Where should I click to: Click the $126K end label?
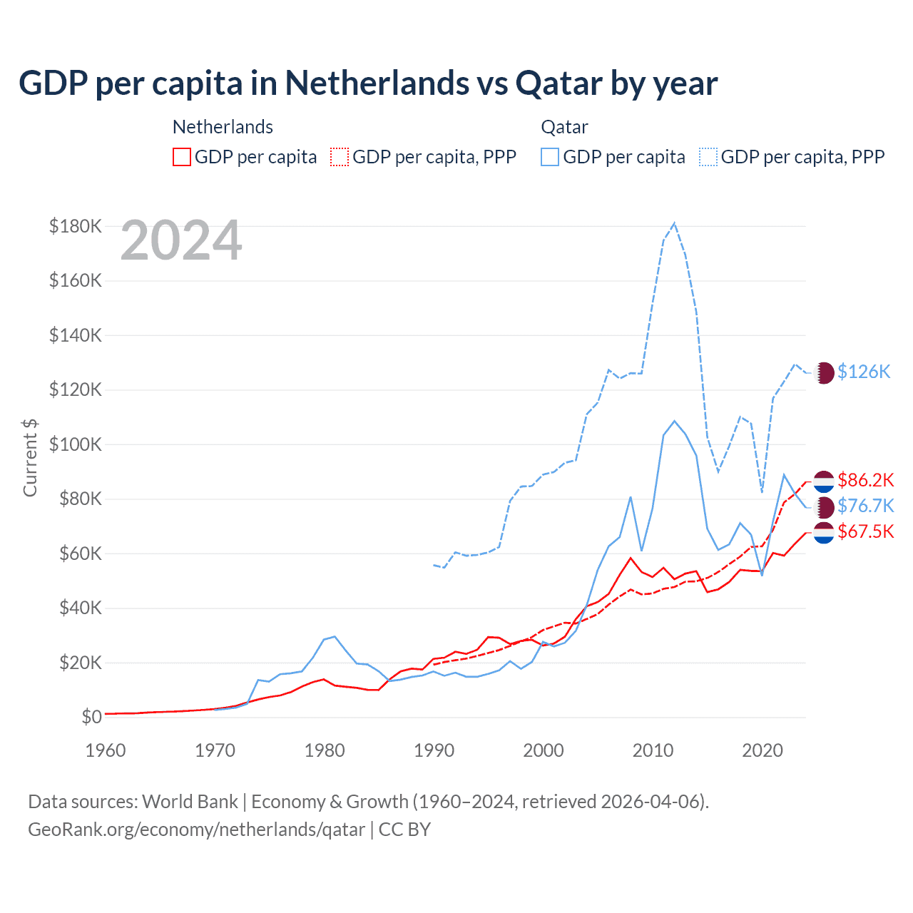tap(864, 372)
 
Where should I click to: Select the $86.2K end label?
tap(865, 480)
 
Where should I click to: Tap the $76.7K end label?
tap(865, 506)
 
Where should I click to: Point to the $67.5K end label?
tap(865, 531)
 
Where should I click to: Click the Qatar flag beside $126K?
tap(824, 372)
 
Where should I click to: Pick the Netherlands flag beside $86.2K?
tap(824, 481)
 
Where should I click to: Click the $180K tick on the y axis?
tap(76, 226)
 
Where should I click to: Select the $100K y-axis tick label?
tap(76, 444)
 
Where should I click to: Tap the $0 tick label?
tap(91, 717)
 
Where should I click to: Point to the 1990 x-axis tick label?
tap(434, 750)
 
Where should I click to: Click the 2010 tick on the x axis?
tap(653, 750)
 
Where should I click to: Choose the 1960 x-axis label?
tap(106, 750)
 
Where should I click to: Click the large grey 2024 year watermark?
tap(181, 241)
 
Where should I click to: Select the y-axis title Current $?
tap(30, 457)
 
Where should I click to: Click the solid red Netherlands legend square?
tap(182, 157)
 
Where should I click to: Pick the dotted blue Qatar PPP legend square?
tap(708, 157)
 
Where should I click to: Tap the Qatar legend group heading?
tap(564, 127)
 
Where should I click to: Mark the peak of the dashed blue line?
tap(674, 223)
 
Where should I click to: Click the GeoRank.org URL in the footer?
tap(196, 830)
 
